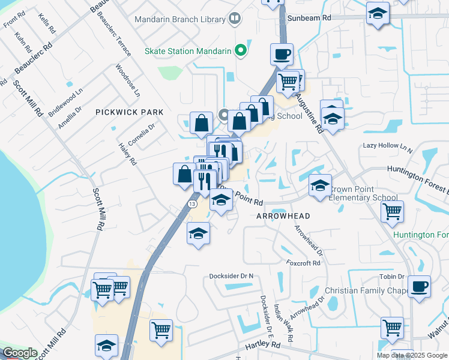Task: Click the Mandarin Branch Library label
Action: tap(179, 19)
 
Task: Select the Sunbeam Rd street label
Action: tap(309, 18)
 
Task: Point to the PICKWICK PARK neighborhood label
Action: tap(125, 112)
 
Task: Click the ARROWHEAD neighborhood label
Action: tap(283, 216)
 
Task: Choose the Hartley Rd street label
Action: tap(263, 345)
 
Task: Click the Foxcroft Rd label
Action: tap(304, 263)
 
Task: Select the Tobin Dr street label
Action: tap(391, 277)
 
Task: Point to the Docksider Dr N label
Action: tap(232, 276)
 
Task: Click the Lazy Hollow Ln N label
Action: tap(388, 146)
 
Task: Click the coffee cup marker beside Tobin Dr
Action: tap(419, 286)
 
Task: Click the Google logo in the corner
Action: tap(20, 353)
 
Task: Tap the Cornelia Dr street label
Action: tap(142, 133)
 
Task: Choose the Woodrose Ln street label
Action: tap(127, 80)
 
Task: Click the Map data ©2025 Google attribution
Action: tap(412, 355)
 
